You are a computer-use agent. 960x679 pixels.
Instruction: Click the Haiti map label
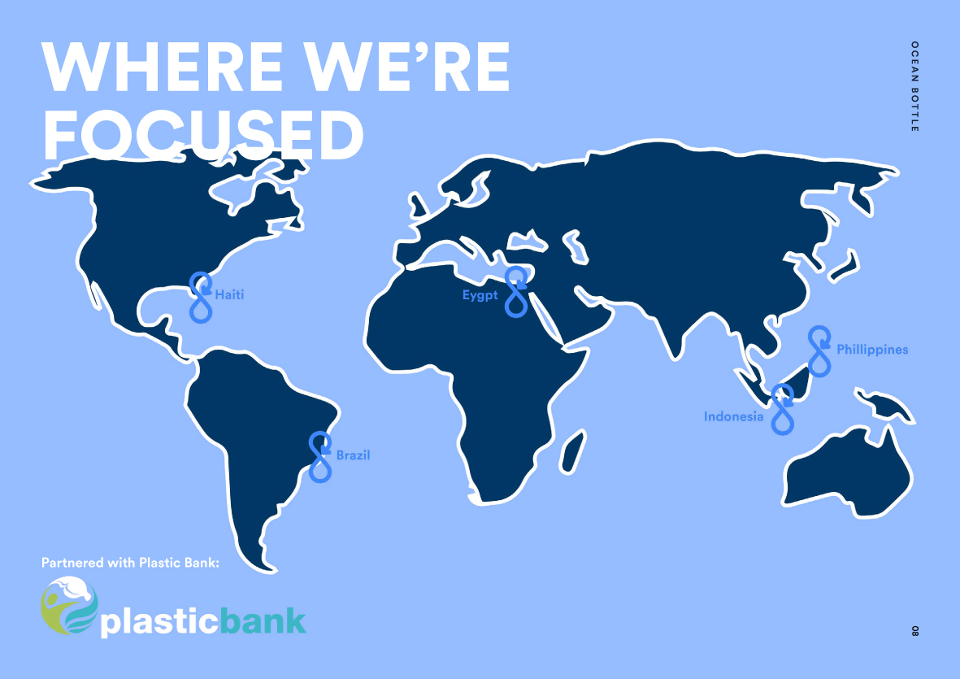point(229,295)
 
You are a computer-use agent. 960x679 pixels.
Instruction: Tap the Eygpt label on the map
point(480,296)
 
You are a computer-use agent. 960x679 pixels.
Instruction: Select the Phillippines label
point(872,350)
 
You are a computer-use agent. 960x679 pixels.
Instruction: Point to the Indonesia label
point(733,416)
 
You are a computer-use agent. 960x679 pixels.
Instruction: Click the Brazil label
point(354,455)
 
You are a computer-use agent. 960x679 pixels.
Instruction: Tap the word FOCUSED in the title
point(203,135)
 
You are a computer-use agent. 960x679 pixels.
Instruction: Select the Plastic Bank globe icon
point(69,605)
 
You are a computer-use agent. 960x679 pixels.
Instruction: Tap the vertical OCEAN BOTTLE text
point(914,86)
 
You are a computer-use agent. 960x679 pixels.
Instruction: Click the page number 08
point(914,631)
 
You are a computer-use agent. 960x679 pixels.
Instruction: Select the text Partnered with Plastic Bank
point(130,563)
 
